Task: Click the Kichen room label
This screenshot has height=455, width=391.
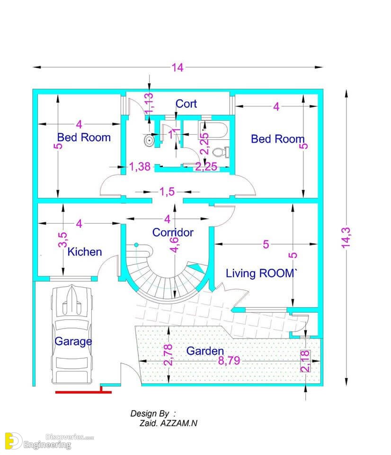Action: tap(85, 252)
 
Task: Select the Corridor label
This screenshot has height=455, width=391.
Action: tap(173, 232)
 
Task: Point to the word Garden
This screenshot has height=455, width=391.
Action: tap(205, 351)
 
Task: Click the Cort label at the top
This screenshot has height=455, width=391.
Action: tap(186, 104)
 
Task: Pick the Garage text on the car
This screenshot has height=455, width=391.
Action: tap(73, 342)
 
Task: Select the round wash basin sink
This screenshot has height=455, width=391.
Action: tap(149, 140)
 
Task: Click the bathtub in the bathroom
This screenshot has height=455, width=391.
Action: tap(213, 130)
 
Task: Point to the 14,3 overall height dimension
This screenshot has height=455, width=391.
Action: tap(346, 238)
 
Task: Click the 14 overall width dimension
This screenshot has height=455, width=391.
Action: tap(178, 68)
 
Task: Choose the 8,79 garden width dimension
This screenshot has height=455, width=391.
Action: tap(229, 361)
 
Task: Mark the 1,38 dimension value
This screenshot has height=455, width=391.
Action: tap(140, 166)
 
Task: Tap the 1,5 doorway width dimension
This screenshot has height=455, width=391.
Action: tap(167, 191)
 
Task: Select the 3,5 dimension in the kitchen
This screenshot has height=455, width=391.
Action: tap(62, 240)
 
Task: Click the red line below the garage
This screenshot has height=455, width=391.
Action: tap(83, 392)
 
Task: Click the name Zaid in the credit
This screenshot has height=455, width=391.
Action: tap(149, 423)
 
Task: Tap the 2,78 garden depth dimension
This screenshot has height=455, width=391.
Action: tap(168, 355)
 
